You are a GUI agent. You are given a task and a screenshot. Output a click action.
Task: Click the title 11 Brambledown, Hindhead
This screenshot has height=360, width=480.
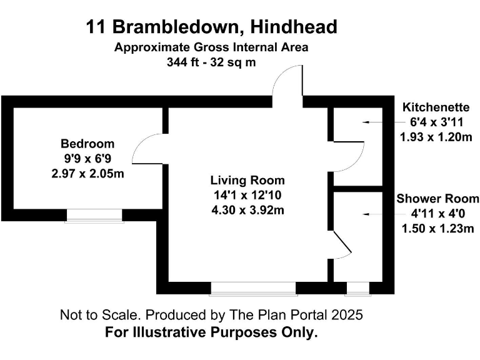(x=212, y=27)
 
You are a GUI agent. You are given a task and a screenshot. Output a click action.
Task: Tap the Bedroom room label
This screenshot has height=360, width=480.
(x=87, y=143)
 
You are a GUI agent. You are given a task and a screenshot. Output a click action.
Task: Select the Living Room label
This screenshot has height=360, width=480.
(x=247, y=180)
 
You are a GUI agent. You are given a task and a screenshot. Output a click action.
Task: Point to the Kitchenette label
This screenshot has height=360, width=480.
(x=437, y=106)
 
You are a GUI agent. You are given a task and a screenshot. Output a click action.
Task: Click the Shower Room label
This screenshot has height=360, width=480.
(x=437, y=199)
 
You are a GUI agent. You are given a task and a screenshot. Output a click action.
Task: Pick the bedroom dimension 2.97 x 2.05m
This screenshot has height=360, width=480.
(x=87, y=173)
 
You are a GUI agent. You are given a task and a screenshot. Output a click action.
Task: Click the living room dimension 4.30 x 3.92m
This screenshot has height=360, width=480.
(x=247, y=210)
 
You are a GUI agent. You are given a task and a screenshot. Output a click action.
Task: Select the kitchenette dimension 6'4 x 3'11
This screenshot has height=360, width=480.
(x=437, y=121)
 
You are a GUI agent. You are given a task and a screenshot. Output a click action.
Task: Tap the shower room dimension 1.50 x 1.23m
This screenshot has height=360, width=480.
(x=437, y=229)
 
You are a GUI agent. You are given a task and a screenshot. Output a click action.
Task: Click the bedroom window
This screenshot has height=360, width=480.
(x=94, y=215)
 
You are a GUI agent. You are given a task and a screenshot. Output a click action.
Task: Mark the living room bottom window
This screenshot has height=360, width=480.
(x=253, y=288)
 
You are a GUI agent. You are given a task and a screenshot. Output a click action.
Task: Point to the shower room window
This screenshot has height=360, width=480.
(x=357, y=288)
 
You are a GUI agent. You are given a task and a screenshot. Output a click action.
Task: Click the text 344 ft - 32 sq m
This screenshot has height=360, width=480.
(x=211, y=62)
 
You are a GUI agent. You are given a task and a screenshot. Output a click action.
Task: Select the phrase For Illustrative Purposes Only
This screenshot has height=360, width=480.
(x=211, y=332)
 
